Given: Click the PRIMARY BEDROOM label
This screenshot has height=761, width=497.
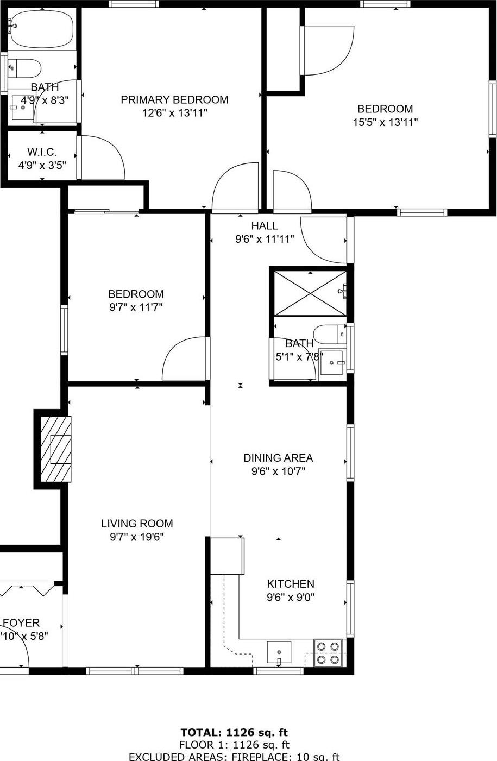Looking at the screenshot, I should [x=174, y=99].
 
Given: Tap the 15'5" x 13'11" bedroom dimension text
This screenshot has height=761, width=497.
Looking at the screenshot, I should [x=385, y=122].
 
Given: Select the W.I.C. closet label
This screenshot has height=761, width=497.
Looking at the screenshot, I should [x=42, y=152].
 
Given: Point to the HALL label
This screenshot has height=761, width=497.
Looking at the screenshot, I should [x=265, y=226].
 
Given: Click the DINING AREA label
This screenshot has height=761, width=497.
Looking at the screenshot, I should [x=278, y=458].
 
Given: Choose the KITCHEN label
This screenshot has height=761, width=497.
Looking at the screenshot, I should [x=290, y=584].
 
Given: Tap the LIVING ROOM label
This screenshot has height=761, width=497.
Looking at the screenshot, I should [x=137, y=524].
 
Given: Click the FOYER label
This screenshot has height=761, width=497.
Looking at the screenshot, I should [x=22, y=623].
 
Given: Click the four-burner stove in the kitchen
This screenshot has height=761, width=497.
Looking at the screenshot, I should [x=329, y=653].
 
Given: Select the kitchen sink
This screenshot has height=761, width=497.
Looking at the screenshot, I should [x=279, y=652].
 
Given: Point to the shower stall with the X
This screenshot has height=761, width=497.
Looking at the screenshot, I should [x=310, y=293].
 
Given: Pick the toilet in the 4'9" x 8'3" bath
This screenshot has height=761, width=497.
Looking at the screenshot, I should [x=26, y=68].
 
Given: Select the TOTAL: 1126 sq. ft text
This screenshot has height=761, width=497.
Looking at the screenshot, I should [x=234, y=733].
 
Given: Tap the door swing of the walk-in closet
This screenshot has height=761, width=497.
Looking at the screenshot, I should [x=103, y=156].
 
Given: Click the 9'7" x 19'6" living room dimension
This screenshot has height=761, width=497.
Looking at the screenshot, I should [x=137, y=537].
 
